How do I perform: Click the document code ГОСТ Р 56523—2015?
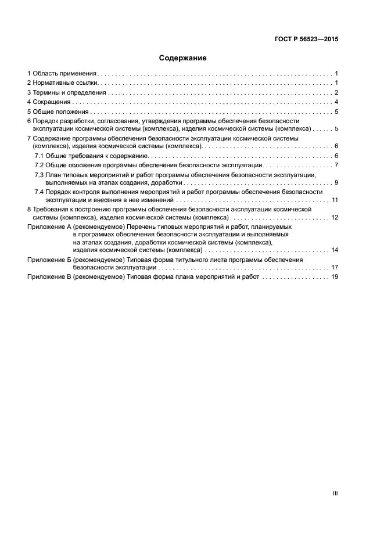coord(306,39)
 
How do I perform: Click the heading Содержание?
coord(182,58)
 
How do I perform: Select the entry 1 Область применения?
coord(62,74)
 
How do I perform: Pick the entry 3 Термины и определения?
coord(67,92)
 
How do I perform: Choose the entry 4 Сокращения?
coord(49,102)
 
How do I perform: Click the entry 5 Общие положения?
coord(58,112)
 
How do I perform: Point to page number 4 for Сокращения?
coord(336,102)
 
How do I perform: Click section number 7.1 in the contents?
coord(39,156)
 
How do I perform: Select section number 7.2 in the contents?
coord(39,166)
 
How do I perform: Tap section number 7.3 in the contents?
coord(39,175)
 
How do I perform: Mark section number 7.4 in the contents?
coord(39,191)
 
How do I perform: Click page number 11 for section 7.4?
coord(335,200)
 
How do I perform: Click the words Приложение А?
coord(49,226)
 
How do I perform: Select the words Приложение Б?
coord(49,260)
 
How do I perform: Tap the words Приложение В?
coord(49,277)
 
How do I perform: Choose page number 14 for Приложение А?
coord(335,250)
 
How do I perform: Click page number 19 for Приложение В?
coord(335,277)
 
